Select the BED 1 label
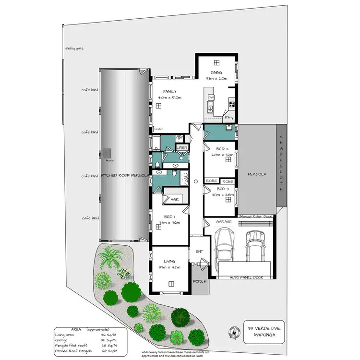click(x=169, y=217)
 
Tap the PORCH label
click(x=199, y=282)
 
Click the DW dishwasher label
click(x=210, y=97)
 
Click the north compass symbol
click(x=233, y=331)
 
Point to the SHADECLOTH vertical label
click(x=282, y=163)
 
